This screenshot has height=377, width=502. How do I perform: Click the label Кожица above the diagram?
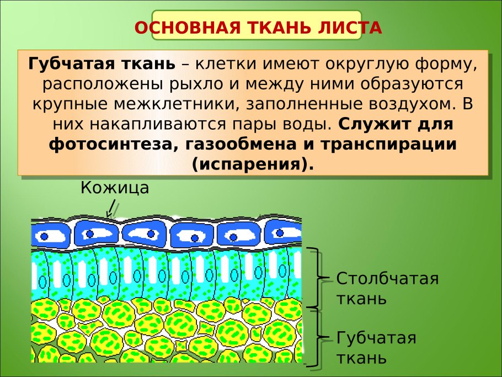pos(115,188)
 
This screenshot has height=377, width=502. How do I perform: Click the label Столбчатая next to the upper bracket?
pos(387,278)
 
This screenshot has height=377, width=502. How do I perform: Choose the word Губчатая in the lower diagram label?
pos(376,337)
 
